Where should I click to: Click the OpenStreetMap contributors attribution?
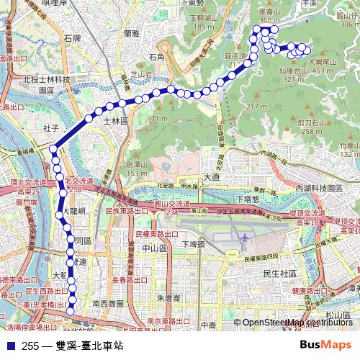(x=297, y=323)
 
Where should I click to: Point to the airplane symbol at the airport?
(x=244, y=238)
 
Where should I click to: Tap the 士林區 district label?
(x=114, y=122)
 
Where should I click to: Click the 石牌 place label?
(x=73, y=37)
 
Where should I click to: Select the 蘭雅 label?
(x=131, y=33)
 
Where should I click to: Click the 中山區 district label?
(x=155, y=248)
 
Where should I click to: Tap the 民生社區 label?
(x=281, y=274)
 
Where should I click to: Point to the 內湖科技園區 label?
(x=318, y=187)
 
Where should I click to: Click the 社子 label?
(x=50, y=127)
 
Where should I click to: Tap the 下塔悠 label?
(x=247, y=198)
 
